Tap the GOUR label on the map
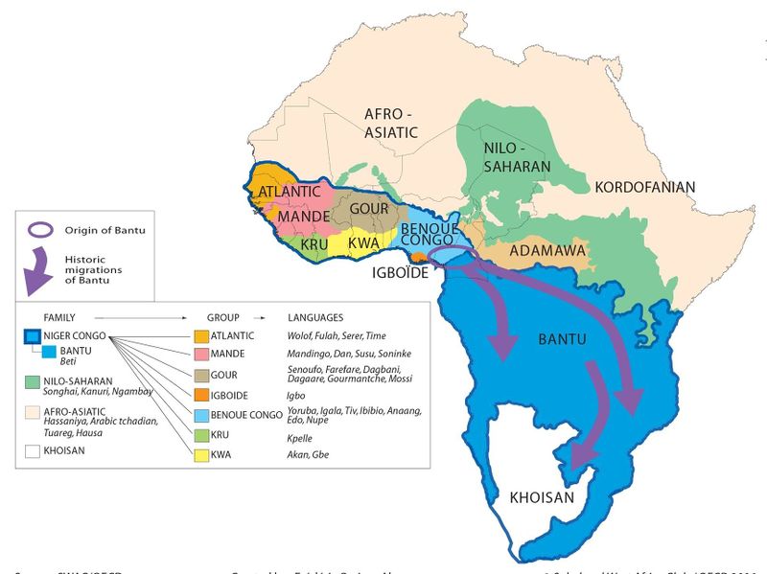click(368, 208)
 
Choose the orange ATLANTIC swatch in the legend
click(201, 336)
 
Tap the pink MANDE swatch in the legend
click(201, 356)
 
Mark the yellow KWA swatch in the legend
click(201, 454)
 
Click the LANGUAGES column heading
click(315, 316)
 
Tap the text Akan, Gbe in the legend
click(308, 454)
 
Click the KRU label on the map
click(314, 243)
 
